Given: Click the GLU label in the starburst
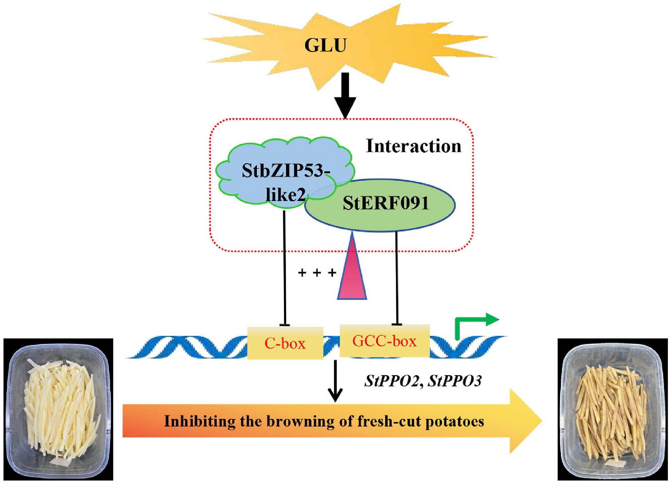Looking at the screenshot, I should click(x=325, y=45).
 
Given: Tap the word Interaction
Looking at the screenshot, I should click(x=414, y=146).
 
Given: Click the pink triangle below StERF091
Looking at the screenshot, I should click(x=352, y=274).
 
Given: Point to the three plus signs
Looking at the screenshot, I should click(x=317, y=272).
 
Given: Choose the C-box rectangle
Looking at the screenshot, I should click(x=285, y=343).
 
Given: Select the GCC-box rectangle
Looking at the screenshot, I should click(x=385, y=341).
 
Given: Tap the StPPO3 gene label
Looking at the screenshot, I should click(x=455, y=381).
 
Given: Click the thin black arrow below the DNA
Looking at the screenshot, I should click(x=335, y=382).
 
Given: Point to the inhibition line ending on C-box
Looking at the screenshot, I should click(x=284, y=268).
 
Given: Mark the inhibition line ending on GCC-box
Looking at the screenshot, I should click(x=397, y=278).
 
